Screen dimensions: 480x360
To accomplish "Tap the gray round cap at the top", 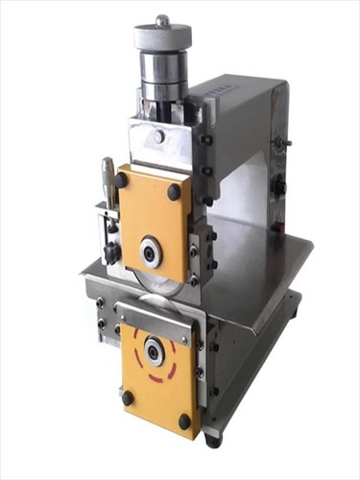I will (162, 37).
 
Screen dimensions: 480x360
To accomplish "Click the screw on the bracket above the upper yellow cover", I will (158, 136).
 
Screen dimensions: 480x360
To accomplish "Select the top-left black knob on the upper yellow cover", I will (122, 180).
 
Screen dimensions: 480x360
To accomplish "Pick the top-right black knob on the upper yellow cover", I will (174, 192).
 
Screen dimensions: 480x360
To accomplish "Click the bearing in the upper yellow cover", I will (151, 252).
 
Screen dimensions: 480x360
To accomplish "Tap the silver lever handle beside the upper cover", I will (108, 182).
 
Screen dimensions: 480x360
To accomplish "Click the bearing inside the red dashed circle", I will (153, 353).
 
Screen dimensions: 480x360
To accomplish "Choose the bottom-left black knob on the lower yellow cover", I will (128, 396).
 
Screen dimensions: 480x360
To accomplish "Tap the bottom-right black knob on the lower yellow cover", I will (184, 420).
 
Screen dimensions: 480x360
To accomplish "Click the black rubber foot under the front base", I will (212, 440).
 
